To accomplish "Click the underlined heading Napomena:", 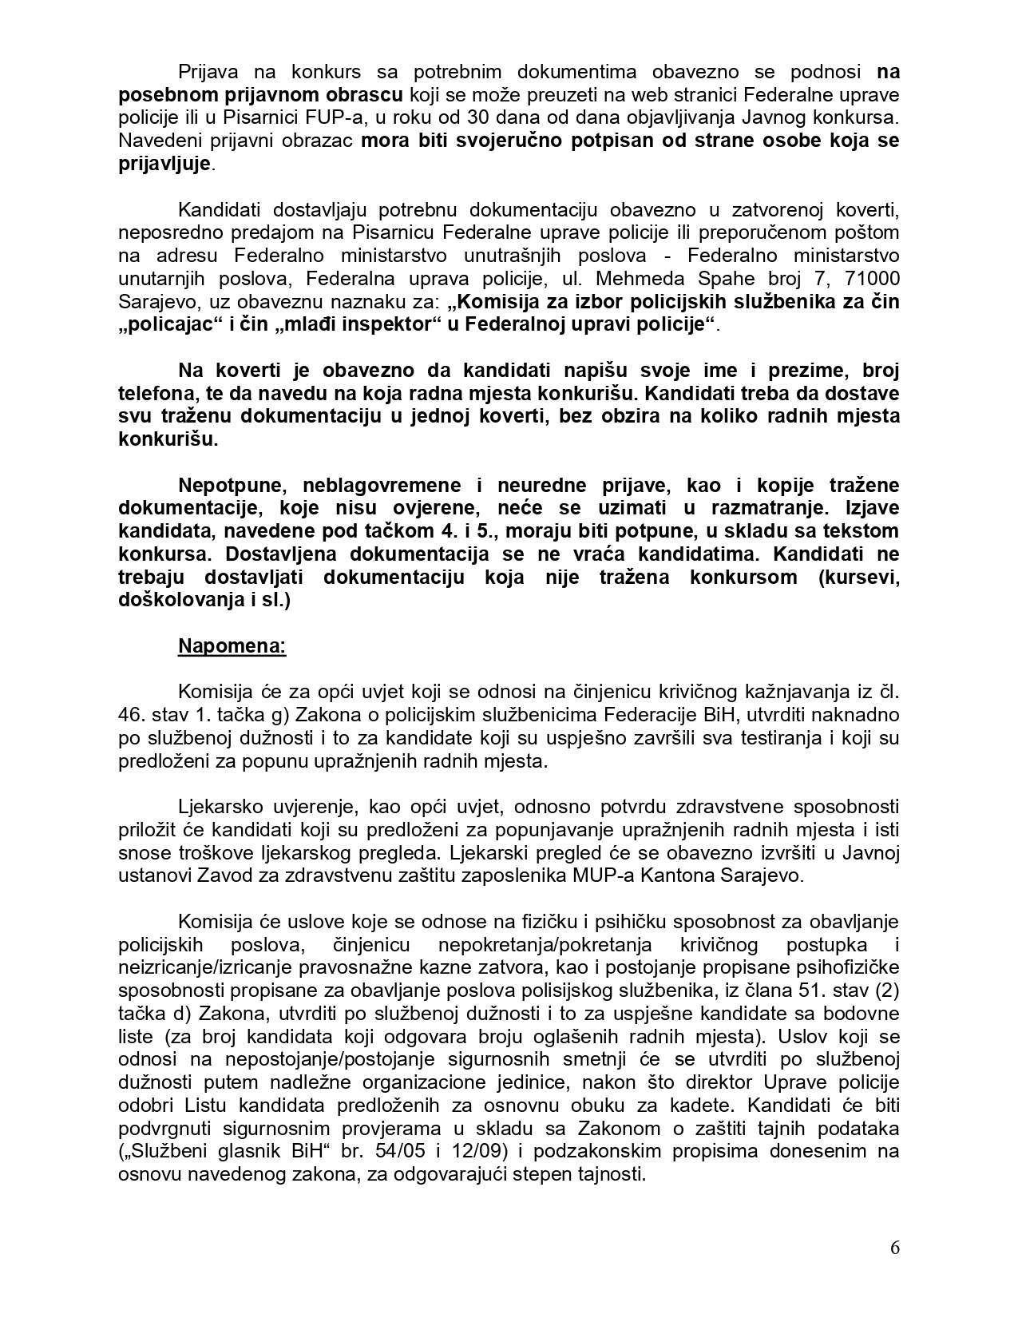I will click(x=232, y=645).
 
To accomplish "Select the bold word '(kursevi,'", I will click(x=860, y=577).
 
